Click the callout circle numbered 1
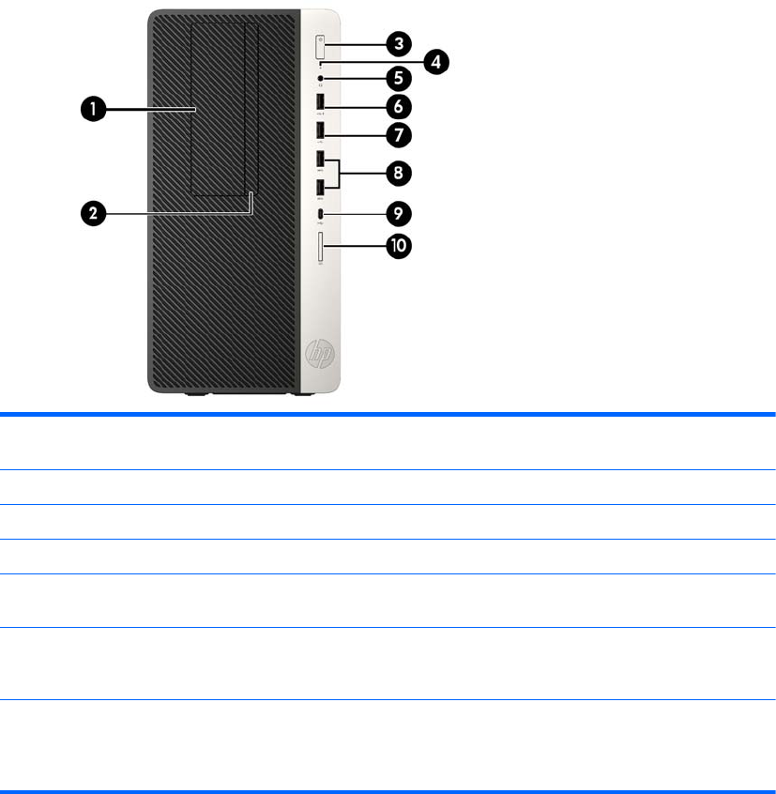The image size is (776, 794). coord(91,110)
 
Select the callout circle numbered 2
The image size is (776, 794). coord(91,213)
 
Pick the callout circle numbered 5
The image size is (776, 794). coord(398,79)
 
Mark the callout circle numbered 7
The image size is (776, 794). coord(398,135)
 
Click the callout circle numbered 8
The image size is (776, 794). coord(398,173)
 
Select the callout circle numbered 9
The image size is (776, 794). coord(398,214)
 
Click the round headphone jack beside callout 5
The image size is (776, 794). coord(322,78)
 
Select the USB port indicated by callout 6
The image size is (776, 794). coord(322,102)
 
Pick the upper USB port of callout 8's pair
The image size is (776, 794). coord(322,160)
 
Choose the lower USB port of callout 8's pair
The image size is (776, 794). coord(322,188)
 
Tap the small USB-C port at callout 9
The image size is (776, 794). coord(322,215)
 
